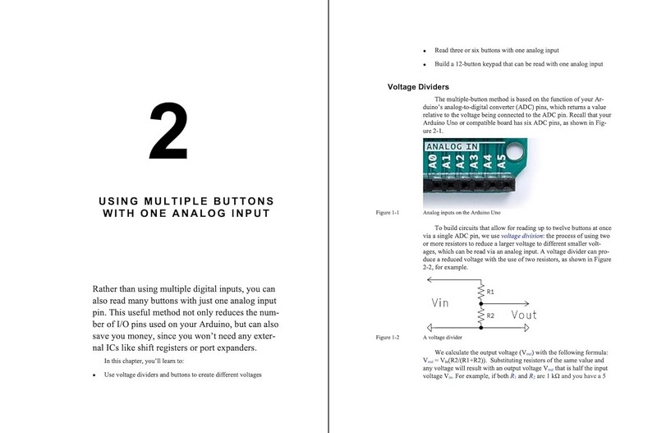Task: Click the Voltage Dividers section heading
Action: click(423, 87)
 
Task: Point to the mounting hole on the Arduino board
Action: click(517, 150)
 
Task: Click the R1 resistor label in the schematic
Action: click(490, 292)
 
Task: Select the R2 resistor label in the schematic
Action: click(490, 315)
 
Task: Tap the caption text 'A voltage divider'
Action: click(444, 338)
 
